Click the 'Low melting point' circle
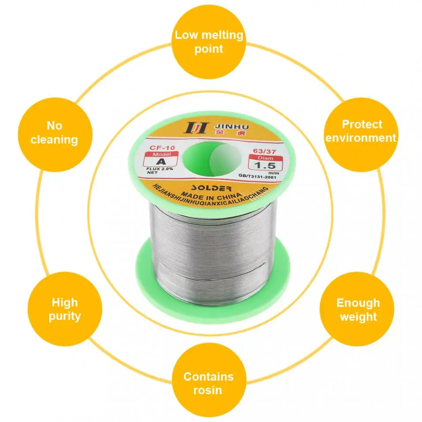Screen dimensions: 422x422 (209, 42)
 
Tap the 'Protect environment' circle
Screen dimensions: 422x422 (361, 131)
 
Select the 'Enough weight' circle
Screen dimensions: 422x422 (357, 309)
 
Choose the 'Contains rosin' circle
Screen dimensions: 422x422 (209, 383)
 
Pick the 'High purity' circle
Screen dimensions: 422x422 (65, 309)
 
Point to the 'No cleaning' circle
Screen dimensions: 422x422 (55, 132)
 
